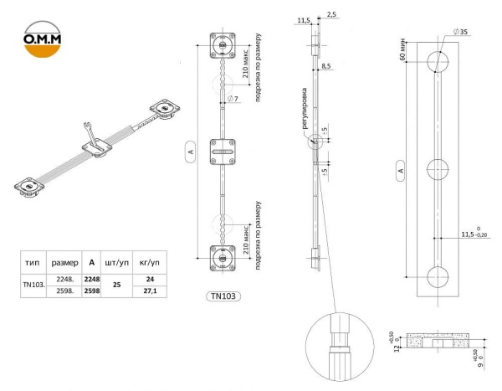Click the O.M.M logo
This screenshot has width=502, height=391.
coord(43,39)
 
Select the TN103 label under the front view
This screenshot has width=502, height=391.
coord(223,296)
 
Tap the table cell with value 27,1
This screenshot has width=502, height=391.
coord(150,291)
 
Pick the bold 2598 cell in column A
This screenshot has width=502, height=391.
coord(92,291)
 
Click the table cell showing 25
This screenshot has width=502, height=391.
coord(117,285)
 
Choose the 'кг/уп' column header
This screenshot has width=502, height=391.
coord(150,263)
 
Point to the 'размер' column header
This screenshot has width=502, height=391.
coord(64,263)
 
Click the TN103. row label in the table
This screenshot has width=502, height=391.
coord(33,285)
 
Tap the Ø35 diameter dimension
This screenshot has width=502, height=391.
coord(461,32)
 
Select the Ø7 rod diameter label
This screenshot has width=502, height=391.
coord(233,99)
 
